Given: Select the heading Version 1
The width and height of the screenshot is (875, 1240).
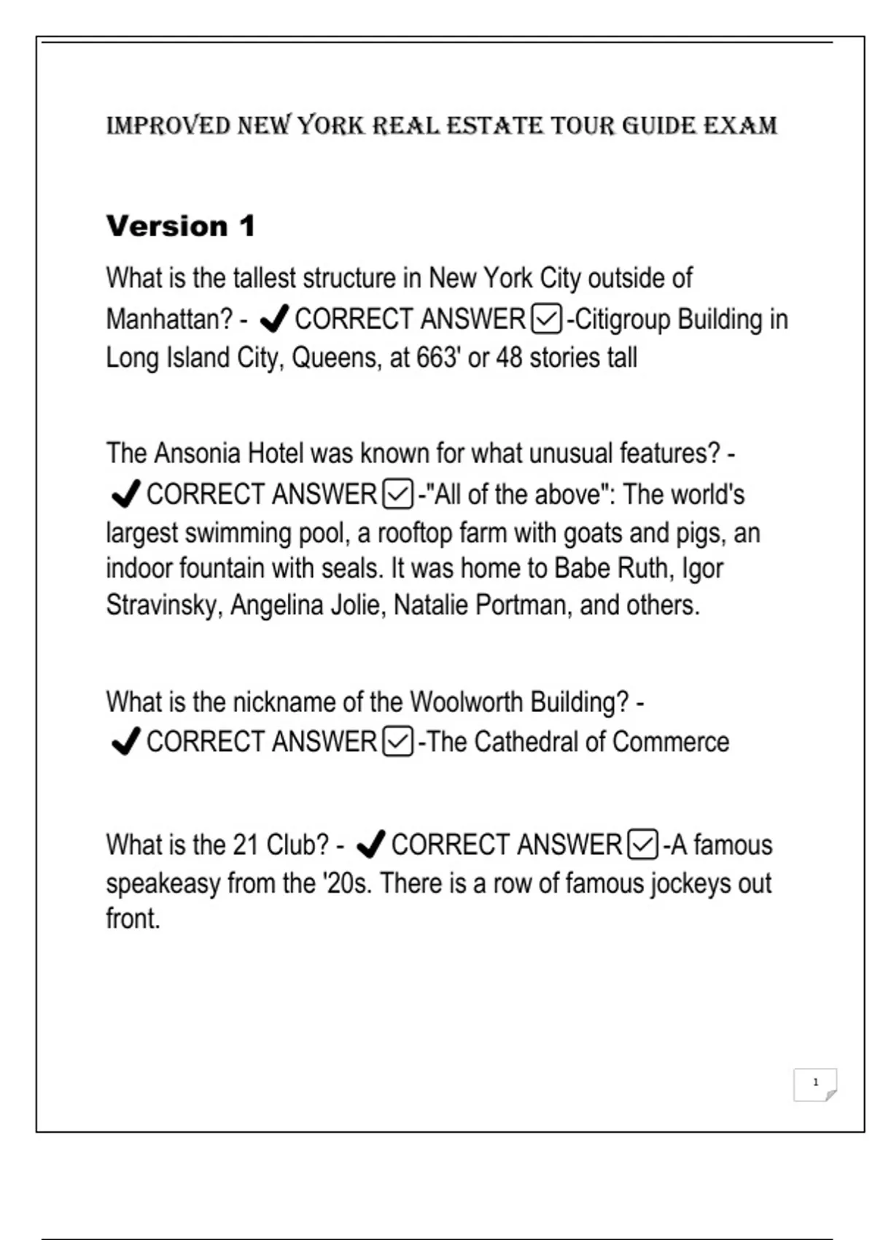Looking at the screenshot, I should tap(181, 226).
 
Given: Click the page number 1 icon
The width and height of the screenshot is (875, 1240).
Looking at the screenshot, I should tap(815, 1083).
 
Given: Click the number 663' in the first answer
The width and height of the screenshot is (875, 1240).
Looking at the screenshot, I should tap(440, 358).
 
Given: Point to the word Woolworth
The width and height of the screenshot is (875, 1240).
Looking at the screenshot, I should tap(467, 702).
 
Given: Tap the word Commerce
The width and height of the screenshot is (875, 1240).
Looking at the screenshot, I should tap(671, 742).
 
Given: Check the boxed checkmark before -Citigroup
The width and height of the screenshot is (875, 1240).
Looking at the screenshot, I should tap(547, 319).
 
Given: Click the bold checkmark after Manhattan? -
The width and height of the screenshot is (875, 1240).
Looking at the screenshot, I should tap(274, 319).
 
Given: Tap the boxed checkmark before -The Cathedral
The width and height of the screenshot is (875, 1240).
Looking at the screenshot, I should tap(397, 742).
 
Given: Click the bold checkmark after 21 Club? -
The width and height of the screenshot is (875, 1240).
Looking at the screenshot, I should tap(370, 845).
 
